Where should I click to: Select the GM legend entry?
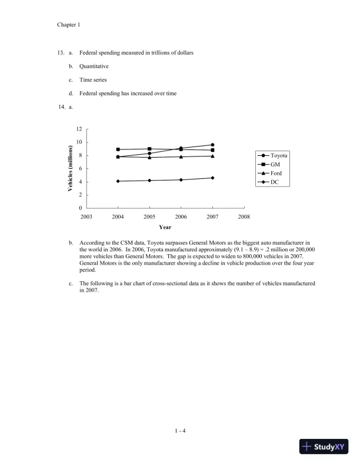(271, 164)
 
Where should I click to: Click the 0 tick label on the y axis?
(81, 208)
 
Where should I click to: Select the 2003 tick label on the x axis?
(86, 217)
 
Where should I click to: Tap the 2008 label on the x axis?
(244, 217)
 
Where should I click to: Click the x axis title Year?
(165, 227)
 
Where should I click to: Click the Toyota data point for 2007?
(212, 145)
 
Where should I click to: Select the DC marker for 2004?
(118, 181)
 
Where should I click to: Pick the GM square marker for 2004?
(118, 149)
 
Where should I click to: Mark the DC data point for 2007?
(212, 178)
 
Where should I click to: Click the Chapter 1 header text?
(68, 25)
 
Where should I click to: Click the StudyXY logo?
(324, 447)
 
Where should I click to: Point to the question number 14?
(61, 106)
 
